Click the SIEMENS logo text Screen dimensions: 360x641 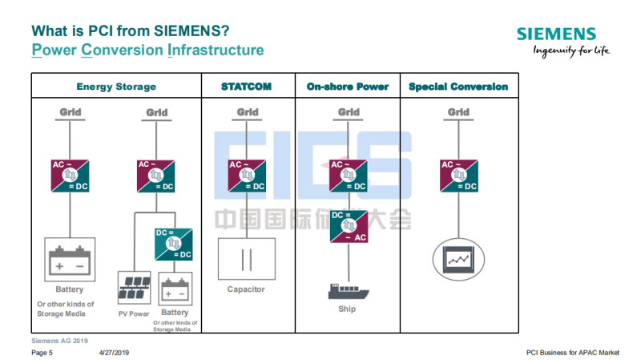point(556,34)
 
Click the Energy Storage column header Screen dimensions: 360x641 point(116,87)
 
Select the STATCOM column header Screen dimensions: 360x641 point(248,87)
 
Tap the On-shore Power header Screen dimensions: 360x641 point(348,87)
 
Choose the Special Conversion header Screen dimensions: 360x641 point(458,87)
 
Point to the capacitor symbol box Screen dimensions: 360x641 point(247,258)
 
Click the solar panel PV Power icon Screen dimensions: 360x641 point(133,285)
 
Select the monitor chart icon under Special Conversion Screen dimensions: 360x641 point(459,258)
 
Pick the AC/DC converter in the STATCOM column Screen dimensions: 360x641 point(248,176)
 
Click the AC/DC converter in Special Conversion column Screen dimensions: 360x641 point(459,176)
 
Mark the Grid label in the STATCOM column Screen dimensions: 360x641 point(248,112)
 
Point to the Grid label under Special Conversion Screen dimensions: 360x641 point(459,112)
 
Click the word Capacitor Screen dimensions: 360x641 point(246,289)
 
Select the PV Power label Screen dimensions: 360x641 point(133,313)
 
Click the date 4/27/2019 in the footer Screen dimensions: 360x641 point(114,352)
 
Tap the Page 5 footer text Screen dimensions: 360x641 point(42,352)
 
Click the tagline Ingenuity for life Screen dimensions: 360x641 point(571,51)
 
